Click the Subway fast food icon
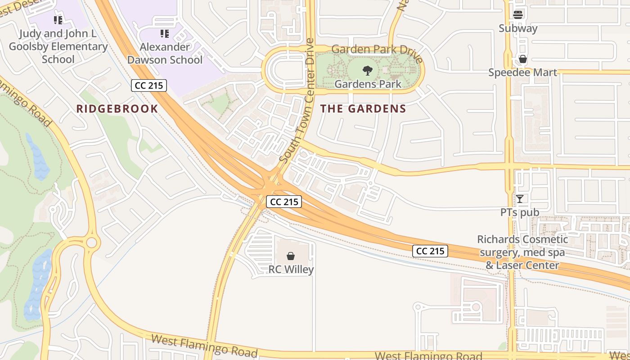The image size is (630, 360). point(518,14)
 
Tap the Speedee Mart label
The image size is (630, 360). point(522,72)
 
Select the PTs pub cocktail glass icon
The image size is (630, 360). point(520,198)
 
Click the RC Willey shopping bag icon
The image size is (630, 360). point(291,256)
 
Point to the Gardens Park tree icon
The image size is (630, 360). point(368,70)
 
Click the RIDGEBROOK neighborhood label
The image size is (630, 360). point(117,108)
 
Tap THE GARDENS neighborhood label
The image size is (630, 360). point(363,108)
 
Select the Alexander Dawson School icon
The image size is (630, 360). point(165,33)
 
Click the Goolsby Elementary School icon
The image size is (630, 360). point(58,20)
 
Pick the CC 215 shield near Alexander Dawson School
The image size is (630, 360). point(149,85)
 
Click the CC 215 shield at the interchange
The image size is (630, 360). point(284,202)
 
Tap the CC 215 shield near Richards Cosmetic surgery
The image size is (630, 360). point(430,251)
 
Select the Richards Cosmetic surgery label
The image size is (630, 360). point(522,252)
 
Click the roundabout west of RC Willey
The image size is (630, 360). point(91,243)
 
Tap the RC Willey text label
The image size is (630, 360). point(291,270)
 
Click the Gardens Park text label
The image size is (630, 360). point(368,84)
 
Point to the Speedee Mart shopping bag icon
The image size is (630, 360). point(522,59)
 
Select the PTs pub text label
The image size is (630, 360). point(520,212)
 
